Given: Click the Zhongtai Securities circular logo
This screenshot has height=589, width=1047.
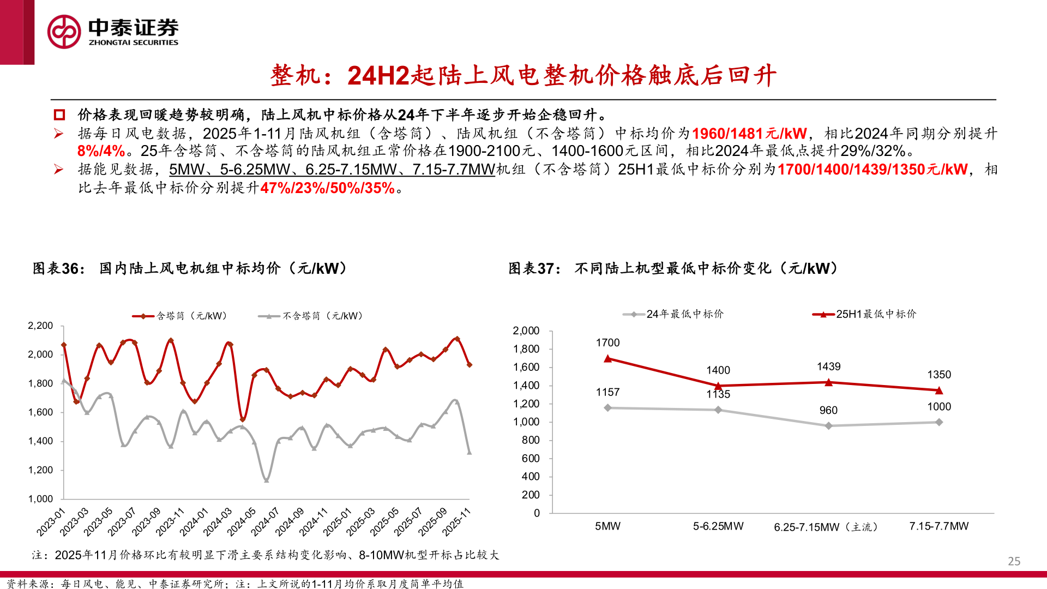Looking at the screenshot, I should click(x=64, y=32).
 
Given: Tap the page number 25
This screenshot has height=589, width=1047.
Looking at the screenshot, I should click(x=1014, y=561).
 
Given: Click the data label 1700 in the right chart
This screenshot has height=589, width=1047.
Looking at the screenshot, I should click(x=607, y=342).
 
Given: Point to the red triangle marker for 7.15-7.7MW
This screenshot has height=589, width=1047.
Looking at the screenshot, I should click(x=939, y=390).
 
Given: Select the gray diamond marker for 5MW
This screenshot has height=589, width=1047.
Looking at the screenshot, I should click(x=607, y=408).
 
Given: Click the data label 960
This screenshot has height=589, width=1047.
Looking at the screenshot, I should click(x=828, y=410).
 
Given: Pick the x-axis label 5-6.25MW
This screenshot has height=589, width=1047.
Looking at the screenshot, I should click(x=718, y=526).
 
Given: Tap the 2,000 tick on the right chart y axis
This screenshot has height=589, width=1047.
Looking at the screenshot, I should click(x=526, y=330).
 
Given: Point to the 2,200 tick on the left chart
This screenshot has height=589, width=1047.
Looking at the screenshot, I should click(x=40, y=326).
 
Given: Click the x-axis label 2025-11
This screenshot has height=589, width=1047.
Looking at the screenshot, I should click(x=457, y=521).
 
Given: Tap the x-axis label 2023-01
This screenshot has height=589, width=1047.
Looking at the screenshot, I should click(x=51, y=521).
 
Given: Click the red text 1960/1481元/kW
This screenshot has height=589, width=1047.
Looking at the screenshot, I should click(x=749, y=134).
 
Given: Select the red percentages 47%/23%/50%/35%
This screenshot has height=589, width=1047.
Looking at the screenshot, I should click(x=327, y=188).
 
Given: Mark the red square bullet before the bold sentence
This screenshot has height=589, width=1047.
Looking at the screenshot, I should click(x=59, y=115).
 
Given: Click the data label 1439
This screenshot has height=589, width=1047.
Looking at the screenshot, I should click(x=828, y=366).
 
